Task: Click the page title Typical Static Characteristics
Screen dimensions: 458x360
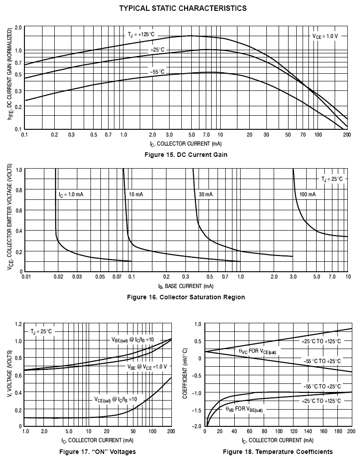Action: coord(183,8)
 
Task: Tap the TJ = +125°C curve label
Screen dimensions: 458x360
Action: coord(142,35)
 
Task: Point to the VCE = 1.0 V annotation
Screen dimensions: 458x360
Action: coord(325,35)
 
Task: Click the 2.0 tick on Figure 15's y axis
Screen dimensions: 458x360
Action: coord(18,28)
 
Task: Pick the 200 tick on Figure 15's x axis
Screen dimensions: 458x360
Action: coord(347,135)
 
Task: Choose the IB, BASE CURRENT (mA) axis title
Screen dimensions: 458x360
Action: coord(185,286)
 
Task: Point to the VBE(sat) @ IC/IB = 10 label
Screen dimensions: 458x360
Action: coord(133,339)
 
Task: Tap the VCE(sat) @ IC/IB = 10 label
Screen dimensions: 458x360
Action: coord(115,400)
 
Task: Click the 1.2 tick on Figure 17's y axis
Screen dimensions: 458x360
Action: coord(18,324)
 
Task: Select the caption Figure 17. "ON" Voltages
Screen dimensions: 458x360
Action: coord(97,452)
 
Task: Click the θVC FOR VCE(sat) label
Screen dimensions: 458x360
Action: coord(257,351)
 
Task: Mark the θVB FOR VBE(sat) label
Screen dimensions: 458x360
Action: coord(244,409)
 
